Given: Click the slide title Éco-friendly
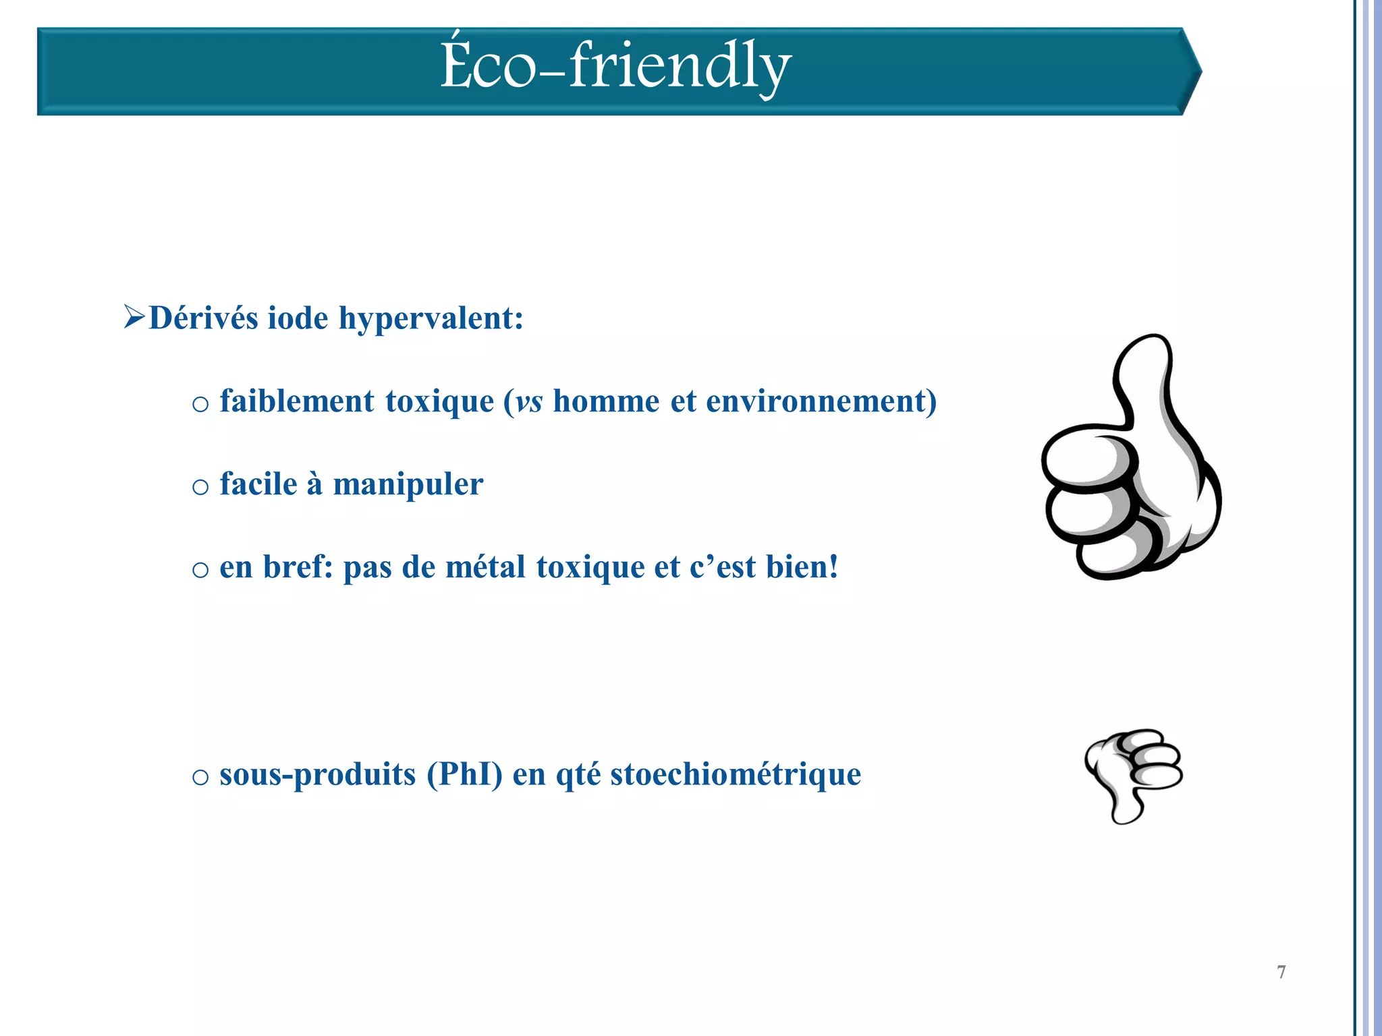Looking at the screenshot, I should point(615,66).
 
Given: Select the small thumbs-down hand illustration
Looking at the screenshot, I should point(1134,776).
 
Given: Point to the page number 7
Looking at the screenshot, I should point(1281,972).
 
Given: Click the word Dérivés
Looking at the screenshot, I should point(203,318).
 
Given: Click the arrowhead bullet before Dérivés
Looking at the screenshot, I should point(134,317).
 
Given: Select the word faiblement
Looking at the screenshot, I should point(297,401).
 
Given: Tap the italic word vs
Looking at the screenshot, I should point(528,403).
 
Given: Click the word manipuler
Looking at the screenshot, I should point(408,485).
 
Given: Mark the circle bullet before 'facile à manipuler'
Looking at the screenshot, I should point(200,487).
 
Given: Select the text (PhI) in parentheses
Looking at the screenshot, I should point(464,774).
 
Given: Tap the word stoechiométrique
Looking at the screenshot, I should point(736,775).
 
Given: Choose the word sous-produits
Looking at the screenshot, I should point(318,775).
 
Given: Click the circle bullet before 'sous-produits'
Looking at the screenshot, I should point(200,777).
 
